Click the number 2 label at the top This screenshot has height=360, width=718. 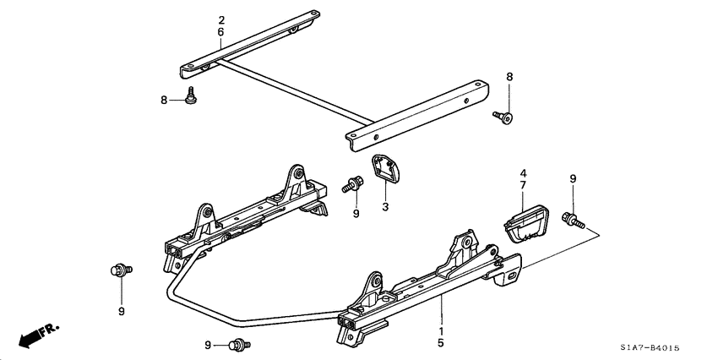220,19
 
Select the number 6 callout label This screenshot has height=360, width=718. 220,32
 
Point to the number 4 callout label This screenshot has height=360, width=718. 523,173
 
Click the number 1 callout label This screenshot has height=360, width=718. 441,331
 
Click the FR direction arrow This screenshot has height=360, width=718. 33,335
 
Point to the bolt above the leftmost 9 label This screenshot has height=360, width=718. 119,270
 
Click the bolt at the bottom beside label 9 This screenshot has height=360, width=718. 237,344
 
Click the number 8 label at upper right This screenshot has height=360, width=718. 509,77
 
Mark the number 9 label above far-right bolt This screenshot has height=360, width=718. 572,178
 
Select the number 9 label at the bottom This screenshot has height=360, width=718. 208,345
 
